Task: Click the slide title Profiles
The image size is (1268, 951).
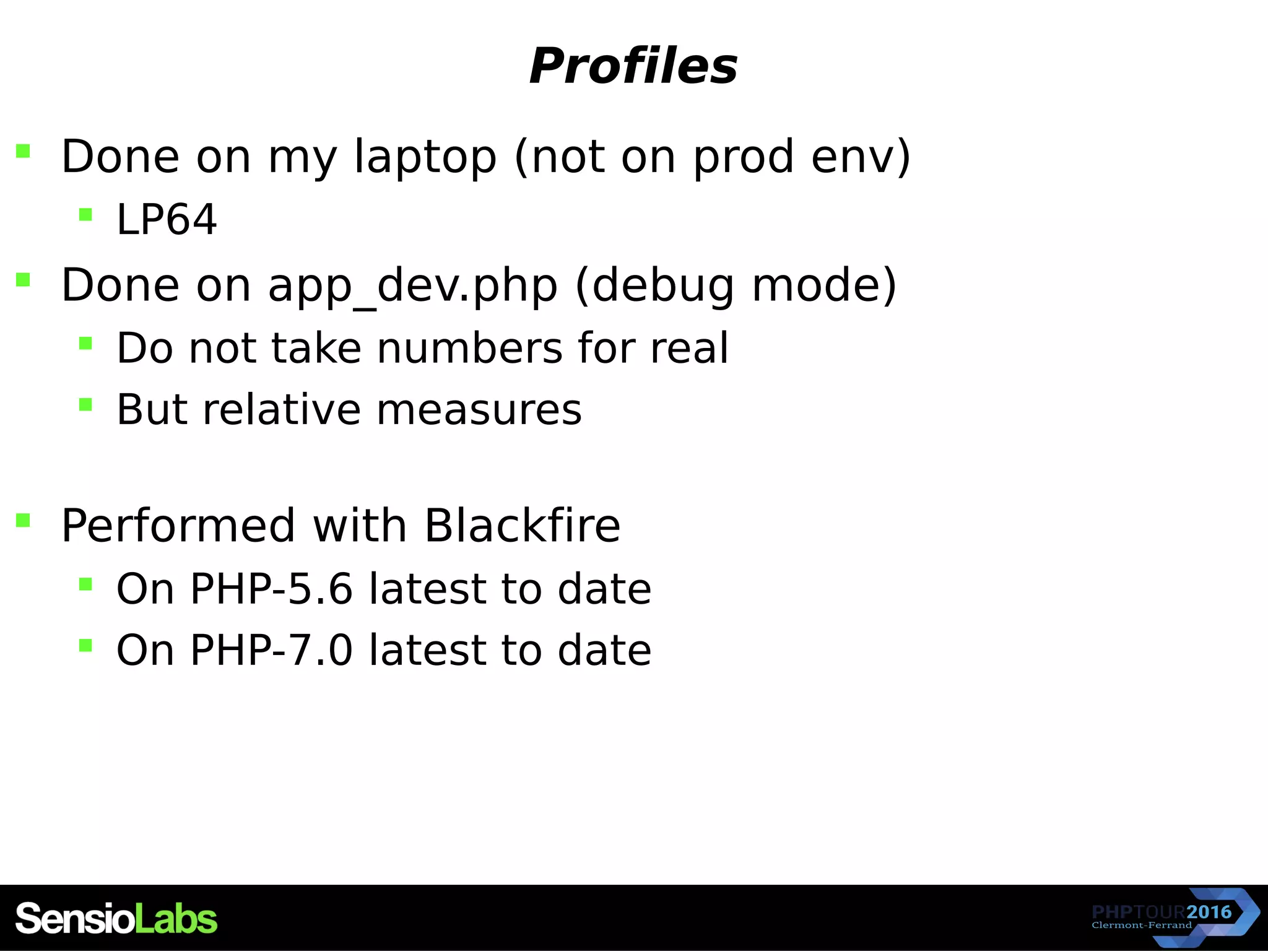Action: point(633,66)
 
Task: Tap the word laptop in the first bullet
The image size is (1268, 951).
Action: point(425,157)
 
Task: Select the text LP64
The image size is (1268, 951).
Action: point(167,220)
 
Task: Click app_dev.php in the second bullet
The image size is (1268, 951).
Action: point(412,286)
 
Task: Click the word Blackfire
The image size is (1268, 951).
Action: point(522,526)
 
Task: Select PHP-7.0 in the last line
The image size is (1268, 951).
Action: point(271,650)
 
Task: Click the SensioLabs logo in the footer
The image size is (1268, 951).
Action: point(116,918)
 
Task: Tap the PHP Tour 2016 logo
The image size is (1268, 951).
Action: point(1173,917)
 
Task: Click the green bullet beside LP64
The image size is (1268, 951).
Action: point(85,215)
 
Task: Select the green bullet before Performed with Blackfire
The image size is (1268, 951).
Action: point(23,520)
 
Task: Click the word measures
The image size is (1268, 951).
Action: point(479,410)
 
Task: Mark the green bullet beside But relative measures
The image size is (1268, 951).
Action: point(85,405)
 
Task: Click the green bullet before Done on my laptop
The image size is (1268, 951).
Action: point(23,151)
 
